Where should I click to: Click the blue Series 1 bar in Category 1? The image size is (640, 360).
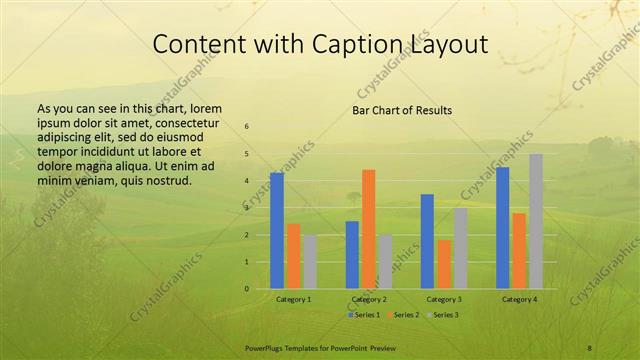pos(277,231)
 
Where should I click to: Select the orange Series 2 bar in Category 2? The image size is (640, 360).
pos(368,229)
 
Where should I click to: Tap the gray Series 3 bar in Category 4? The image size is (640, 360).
pos(536,221)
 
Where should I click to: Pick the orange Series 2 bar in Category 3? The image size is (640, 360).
pos(443,264)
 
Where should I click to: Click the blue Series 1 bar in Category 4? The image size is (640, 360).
pos(503,228)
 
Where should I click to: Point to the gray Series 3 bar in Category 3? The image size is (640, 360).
pos(460,248)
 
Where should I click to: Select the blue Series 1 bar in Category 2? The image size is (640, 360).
pos(352,255)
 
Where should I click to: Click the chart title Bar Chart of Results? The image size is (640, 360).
pos(402,110)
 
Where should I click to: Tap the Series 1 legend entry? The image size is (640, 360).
pos(364,315)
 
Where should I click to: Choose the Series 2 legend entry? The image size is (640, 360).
pos(405,315)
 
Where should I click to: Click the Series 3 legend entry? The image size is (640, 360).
pos(446,315)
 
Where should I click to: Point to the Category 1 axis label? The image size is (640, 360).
pos(293,299)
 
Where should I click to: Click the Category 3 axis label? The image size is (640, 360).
pos(443,299)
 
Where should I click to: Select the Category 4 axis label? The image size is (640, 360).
pos(519,299)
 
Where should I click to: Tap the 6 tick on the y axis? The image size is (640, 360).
pos(247,126)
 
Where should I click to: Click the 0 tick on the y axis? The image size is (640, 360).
pos(247,289)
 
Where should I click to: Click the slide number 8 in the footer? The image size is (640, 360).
pos(589,347)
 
